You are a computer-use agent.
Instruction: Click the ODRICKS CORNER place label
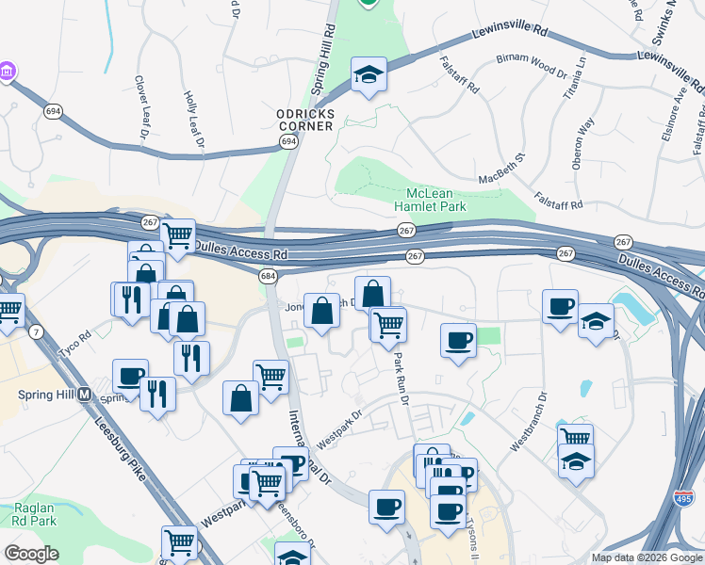pyautogui.click(x=304, y=120)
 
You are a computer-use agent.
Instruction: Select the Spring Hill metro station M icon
pyautogui.click(x=84, y=394)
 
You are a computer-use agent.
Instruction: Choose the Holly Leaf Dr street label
pyautogui.click(x=194, y=120)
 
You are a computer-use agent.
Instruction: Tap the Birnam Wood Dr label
pyautogui.click(x=531, y=68)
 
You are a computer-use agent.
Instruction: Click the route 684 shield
pyautogui.click(x=269, y=276)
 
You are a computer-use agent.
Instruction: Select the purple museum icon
pyautogui.click(x=7, y=72)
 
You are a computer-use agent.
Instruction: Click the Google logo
pyautogui.click(x=32, y=554)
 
